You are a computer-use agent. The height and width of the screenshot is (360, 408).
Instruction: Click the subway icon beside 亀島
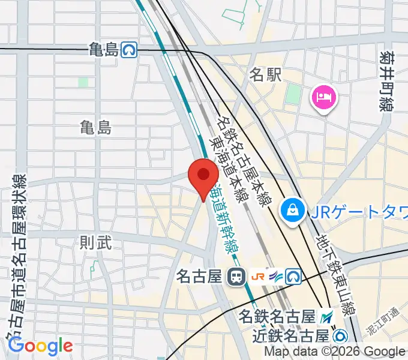pos(128,50)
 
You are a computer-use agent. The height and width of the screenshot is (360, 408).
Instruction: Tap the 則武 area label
pos(96,242)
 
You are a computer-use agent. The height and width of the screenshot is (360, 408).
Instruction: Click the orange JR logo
pos(259,277)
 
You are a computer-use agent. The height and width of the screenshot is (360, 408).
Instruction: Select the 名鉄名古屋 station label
pos(277,315)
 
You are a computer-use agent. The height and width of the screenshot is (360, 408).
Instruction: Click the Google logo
pos(40,346)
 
